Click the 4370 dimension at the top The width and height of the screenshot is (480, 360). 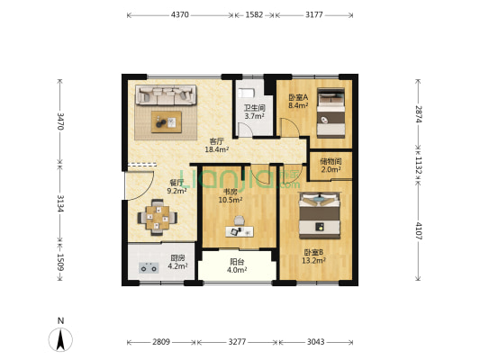tap(180, 14)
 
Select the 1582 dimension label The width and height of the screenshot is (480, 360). tap(254, 14)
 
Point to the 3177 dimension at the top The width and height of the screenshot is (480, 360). tap(314, 14)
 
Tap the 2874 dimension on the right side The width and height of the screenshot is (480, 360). tap(418, 114)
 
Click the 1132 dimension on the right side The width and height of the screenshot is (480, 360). tap(418, 166)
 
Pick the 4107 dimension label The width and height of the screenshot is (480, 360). tap(418, 231)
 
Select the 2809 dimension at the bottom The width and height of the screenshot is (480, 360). tap(161, 342)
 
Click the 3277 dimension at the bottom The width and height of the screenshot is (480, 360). tap(237, 342)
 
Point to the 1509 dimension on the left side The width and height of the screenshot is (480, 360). tap(60, 262)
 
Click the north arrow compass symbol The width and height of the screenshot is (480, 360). tap(60, 339)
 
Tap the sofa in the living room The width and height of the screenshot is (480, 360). tap(166, 95)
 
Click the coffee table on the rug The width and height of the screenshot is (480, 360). tap(167, 121)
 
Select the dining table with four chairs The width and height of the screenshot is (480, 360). tap(158, 218)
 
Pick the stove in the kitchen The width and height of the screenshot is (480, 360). tap(149, 267)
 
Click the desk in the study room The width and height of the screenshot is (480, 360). tap(240, 231)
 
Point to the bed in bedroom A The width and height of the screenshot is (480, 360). tap(331, 112)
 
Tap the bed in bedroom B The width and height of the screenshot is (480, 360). tap(320, 215)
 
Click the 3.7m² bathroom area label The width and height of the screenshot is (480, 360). tap(254, 116)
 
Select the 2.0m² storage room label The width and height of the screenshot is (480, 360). tap(331, 169)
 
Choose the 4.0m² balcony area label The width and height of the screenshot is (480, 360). tap(237, 270)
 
